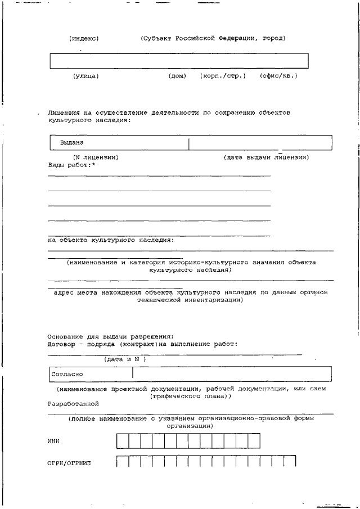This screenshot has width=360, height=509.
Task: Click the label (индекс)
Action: click(x=84, y=39)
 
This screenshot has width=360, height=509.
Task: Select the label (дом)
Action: click(x=177, y=75)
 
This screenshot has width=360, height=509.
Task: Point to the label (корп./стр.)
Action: click(x=223, y=75)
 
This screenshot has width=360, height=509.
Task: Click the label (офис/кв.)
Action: click(x=278, y=75)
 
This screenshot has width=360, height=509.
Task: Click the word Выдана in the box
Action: click(x=72, y=143)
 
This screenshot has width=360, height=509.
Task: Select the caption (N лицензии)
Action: click(x=96, y=157)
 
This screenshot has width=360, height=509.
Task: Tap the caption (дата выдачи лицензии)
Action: click(x=266, y=157)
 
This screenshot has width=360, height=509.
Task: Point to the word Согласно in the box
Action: click(x=67, y=373)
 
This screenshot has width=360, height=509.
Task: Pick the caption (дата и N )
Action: click(x=125, y=359)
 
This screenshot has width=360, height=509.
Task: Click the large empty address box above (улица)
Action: click(x=179, y=61)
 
